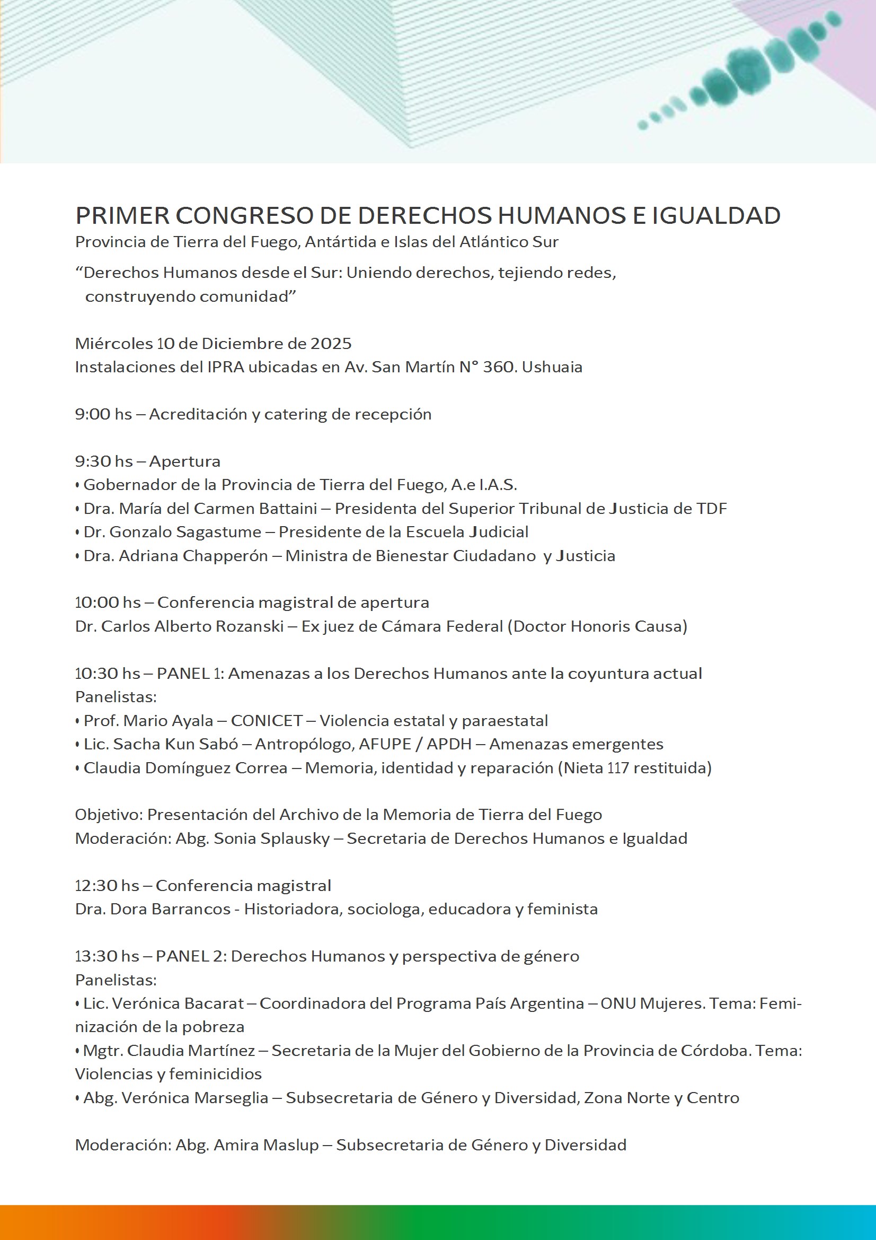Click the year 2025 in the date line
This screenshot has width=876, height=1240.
coord(331,344)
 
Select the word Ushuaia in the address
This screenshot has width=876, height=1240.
coord(552,367)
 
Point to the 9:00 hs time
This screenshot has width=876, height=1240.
coord(103,414)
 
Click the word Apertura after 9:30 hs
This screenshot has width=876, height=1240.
coord(184,461)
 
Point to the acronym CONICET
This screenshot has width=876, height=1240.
coord(267,720)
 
